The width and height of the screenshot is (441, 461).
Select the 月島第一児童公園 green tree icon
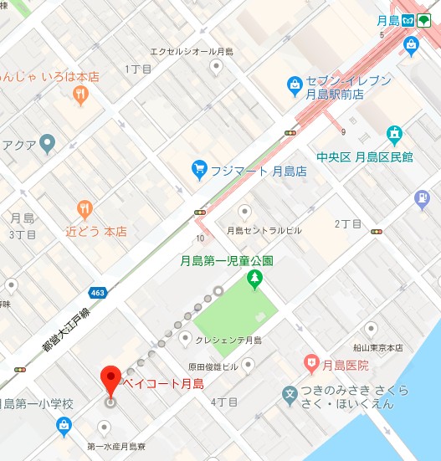[x=254, y=282]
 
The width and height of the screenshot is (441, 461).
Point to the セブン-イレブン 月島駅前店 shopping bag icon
[x=295, y=84]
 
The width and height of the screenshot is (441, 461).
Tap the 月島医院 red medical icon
[x=312, y=363]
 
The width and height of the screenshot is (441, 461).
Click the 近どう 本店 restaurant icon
[x=84, y=209]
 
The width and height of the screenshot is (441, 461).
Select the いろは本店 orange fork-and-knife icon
[x=80, y=95]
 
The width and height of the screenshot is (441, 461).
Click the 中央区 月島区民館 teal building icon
[x=393, y=134]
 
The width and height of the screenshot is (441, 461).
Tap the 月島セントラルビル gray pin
[x=245, y=212]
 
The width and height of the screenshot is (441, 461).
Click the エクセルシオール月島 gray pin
[x=217, y=65]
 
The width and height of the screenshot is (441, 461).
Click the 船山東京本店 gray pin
[x=371, y=330]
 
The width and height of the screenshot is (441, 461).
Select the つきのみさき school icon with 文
[x=290, y=393]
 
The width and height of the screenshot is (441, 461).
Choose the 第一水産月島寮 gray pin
[x=105, y=428]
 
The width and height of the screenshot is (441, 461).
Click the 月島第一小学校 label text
[x=38, y=404]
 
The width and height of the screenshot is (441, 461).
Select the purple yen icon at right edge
[x=423, y=198]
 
